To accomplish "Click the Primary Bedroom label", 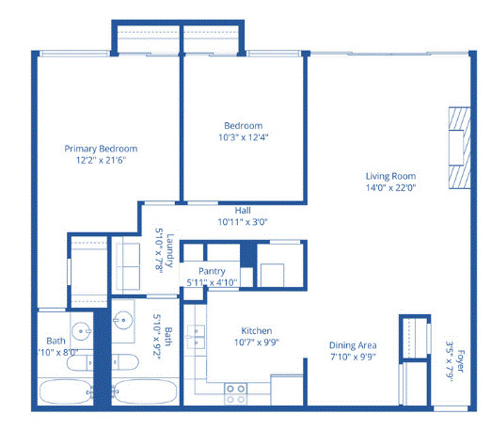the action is tap(101, 149).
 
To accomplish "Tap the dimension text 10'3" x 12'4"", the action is tap(243, 137).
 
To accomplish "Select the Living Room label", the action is tap(390, 176).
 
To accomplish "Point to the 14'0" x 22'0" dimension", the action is tap(390, 187).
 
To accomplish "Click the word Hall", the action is tap(243, 210).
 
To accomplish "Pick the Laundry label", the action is tap(169, 250).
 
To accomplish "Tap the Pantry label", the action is tap(212, 271).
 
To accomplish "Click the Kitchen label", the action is tap(257, 330).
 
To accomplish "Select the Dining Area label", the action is tap(353, 345).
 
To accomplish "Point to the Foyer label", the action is tap(460, 361).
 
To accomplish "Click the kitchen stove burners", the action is tap(235, 394).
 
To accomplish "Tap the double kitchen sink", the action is tap(196, 337).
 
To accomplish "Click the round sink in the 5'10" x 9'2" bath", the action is tap(123, 320).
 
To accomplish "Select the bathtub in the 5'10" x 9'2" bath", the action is tap(144, 391).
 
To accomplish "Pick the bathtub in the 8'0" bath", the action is tap(66, 391).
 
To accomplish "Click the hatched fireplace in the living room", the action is tap(459, 148).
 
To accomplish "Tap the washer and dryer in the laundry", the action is tap(128, 266).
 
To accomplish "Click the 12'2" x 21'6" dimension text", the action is tap(101, 160).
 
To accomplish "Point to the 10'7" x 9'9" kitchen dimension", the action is tap(257, 342).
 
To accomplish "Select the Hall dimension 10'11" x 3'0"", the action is tap(243, 222).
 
